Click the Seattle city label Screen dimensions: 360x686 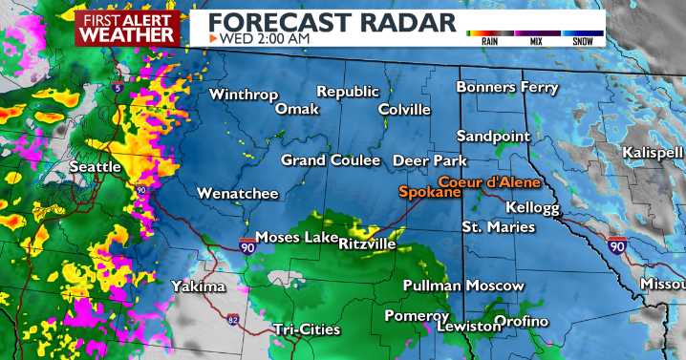pyautogui.click(x=95, y=167)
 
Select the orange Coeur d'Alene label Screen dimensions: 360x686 pyautogui.click(x=489, y=181)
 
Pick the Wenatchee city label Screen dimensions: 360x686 pyautogui.click(x=238, y=194)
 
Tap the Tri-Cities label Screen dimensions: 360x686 pyautogui.click(x=306, y=329)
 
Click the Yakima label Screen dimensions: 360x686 pyautogui.click(x=198, y=286)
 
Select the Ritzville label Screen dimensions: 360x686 pyautogui.click(x=367, y=244)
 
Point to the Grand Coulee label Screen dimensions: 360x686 pyautogui.click(x=330, y=160)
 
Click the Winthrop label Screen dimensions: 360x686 pyautogui.click(x=243, y=95)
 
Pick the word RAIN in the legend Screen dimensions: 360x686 pyautogui.click(x=488, y=42)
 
